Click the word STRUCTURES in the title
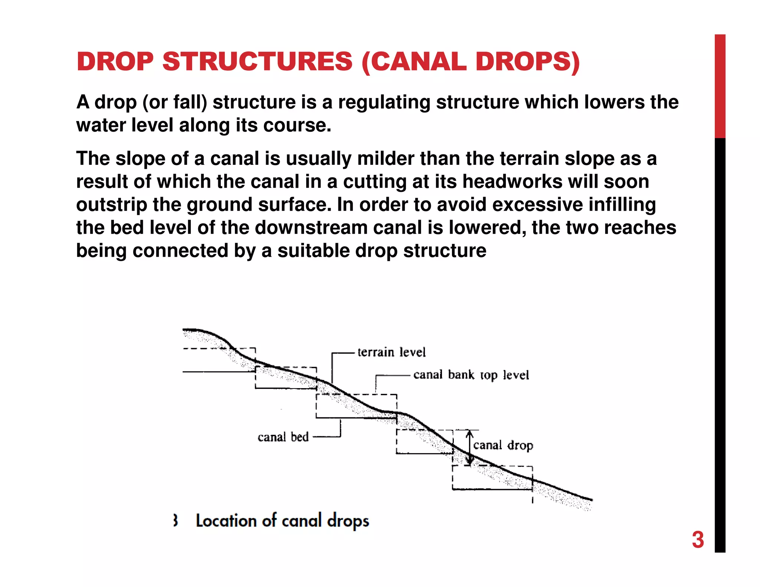click(257, 61)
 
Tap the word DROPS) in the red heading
click(527, 61)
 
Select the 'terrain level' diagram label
click(392, 352)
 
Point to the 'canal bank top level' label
click(471, 375)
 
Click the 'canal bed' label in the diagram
click(283, 437)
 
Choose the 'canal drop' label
click(503, 445)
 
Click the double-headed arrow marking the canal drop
click(470, 447)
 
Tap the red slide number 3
click(698, 540)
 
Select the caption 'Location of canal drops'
click(282, 521)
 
